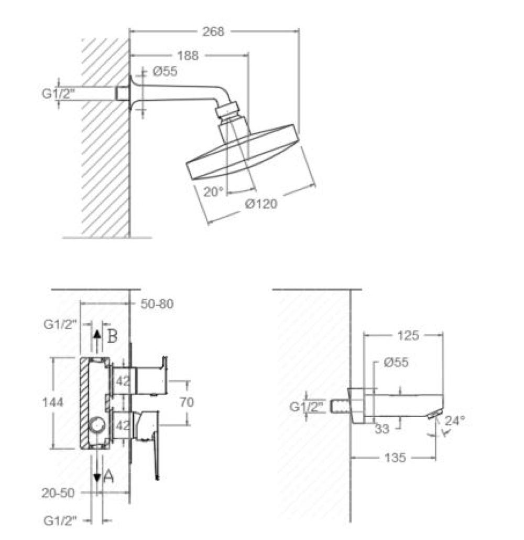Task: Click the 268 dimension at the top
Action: (213, 31)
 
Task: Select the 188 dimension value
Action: (188, 56)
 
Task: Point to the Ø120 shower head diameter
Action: (261, 204)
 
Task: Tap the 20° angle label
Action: (213, 192)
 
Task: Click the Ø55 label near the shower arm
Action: (165, 71)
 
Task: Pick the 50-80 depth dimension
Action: (157, 304)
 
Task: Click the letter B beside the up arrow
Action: (112, 336)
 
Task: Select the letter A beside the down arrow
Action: (108, 477)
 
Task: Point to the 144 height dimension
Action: (52, 402)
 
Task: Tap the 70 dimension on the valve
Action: (187, 402)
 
